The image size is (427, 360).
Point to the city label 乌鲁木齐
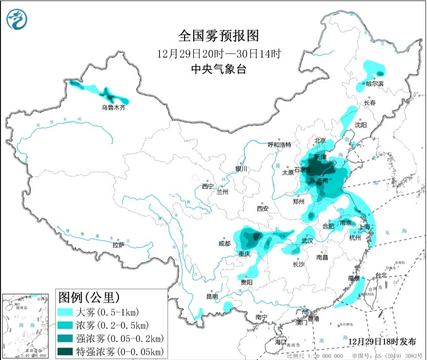tap(113, 108)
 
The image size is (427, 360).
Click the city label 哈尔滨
tap(375, 83)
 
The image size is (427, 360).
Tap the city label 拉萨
tap(118, 245)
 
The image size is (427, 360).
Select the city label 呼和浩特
tap(280, 145)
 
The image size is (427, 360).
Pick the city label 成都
tap(223, 244)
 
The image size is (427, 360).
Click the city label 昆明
tap(212, 297)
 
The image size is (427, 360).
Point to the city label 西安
tap(262, 208)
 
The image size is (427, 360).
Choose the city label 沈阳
tap(361, 124)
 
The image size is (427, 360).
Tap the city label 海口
tap(279, 342)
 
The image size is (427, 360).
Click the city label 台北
tap(381, 275)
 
